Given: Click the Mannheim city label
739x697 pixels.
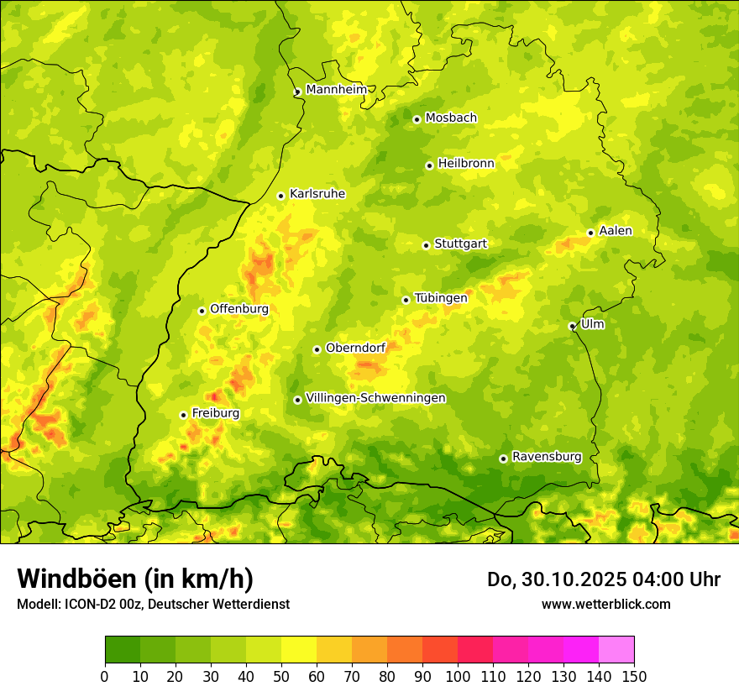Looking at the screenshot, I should [x=336, y=90].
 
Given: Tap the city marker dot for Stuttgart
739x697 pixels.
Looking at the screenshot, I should [x=426, y=245].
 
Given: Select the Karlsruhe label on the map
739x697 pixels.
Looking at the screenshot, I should [x=317, y=194].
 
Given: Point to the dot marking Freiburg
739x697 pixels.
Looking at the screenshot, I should [x=183, y=415].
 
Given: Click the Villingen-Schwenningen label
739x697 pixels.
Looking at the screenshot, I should [x=375, y=398].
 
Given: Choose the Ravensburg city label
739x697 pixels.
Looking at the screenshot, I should [x=547, y=457].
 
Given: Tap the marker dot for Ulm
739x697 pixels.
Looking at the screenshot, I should [x=572, y=326].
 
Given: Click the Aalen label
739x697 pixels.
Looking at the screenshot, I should [x=616, y=231].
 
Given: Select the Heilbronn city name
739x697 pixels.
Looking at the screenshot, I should [x=466, y=164].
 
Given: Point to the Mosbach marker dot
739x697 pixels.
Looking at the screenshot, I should [x=417, y=119].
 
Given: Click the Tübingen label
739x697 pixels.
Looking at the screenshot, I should [x=441, y=298].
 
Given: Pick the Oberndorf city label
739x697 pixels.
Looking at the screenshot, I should [x=355, y=348].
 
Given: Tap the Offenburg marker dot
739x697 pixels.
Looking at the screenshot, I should [x=202, y=311].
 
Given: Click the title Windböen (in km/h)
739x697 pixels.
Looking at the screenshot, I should [x=135, y=579].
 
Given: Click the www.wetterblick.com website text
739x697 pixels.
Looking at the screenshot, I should [x=605, y=604].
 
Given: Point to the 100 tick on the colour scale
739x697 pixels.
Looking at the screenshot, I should [x=458, y=676].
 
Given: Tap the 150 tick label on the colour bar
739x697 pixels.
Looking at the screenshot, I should [x=634, y=676].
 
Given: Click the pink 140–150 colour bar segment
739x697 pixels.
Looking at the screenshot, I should [x=616, y=649].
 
